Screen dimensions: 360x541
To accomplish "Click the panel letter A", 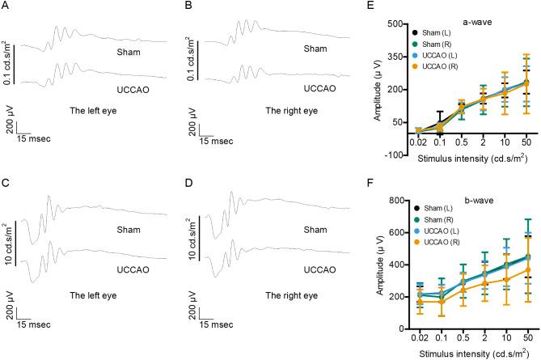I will [6, 7].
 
